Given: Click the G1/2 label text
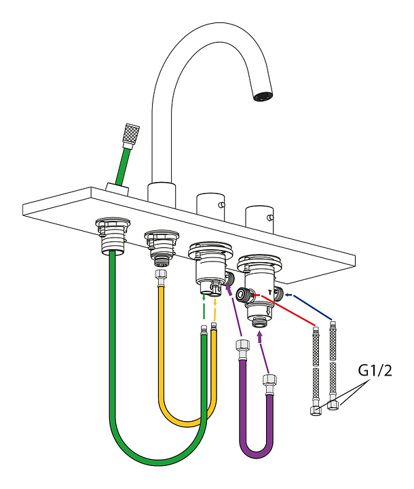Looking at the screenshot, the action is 375,371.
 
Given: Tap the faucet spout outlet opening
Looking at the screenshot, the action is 263,96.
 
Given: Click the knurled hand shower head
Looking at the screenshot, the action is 132,134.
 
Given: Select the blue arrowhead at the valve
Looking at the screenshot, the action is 288,295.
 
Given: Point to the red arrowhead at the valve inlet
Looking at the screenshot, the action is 257,295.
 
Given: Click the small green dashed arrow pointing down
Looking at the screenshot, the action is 204,297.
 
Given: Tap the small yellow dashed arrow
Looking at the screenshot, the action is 214,302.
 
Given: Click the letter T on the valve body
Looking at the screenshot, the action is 270,292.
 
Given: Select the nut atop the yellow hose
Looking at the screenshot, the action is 161,276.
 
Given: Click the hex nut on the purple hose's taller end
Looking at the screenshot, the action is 242,346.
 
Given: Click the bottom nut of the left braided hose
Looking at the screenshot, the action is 316,410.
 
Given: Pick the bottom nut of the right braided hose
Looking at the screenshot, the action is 333,405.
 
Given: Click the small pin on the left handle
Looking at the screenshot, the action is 221,204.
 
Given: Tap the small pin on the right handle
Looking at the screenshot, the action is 271,217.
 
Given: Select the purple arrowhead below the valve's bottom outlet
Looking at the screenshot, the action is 259,336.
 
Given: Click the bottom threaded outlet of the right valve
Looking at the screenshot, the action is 260,323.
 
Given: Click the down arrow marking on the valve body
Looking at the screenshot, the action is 268,310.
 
